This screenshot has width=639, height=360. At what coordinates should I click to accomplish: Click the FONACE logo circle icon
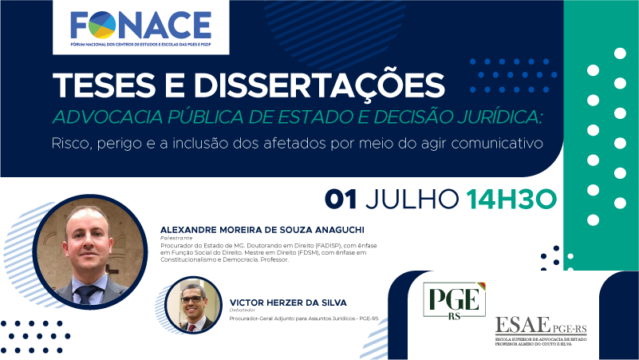(101, 26)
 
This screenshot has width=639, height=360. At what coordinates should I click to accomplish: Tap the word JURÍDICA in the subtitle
(491, 117)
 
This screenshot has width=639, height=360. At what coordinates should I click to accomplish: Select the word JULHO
(414, 199)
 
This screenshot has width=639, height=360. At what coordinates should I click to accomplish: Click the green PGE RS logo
(456, 303)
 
